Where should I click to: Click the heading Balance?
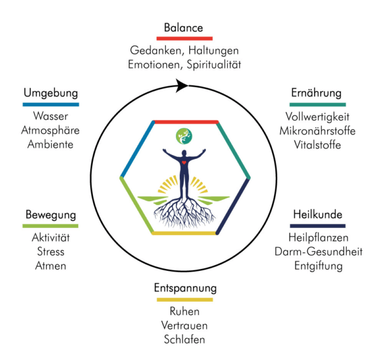184,28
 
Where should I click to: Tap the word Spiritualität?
212,64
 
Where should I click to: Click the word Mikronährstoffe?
317,131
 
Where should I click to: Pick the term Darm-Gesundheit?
318,251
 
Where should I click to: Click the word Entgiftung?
318,265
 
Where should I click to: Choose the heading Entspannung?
185,288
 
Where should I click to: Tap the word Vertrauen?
184,325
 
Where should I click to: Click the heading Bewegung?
51,214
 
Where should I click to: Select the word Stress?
51,251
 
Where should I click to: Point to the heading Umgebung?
51,93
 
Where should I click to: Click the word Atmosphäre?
51,131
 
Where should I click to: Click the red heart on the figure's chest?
185,162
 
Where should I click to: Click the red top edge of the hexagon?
186,121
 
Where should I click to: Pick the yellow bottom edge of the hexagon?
186,233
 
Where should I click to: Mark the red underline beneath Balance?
184,38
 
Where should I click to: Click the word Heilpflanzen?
318,238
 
